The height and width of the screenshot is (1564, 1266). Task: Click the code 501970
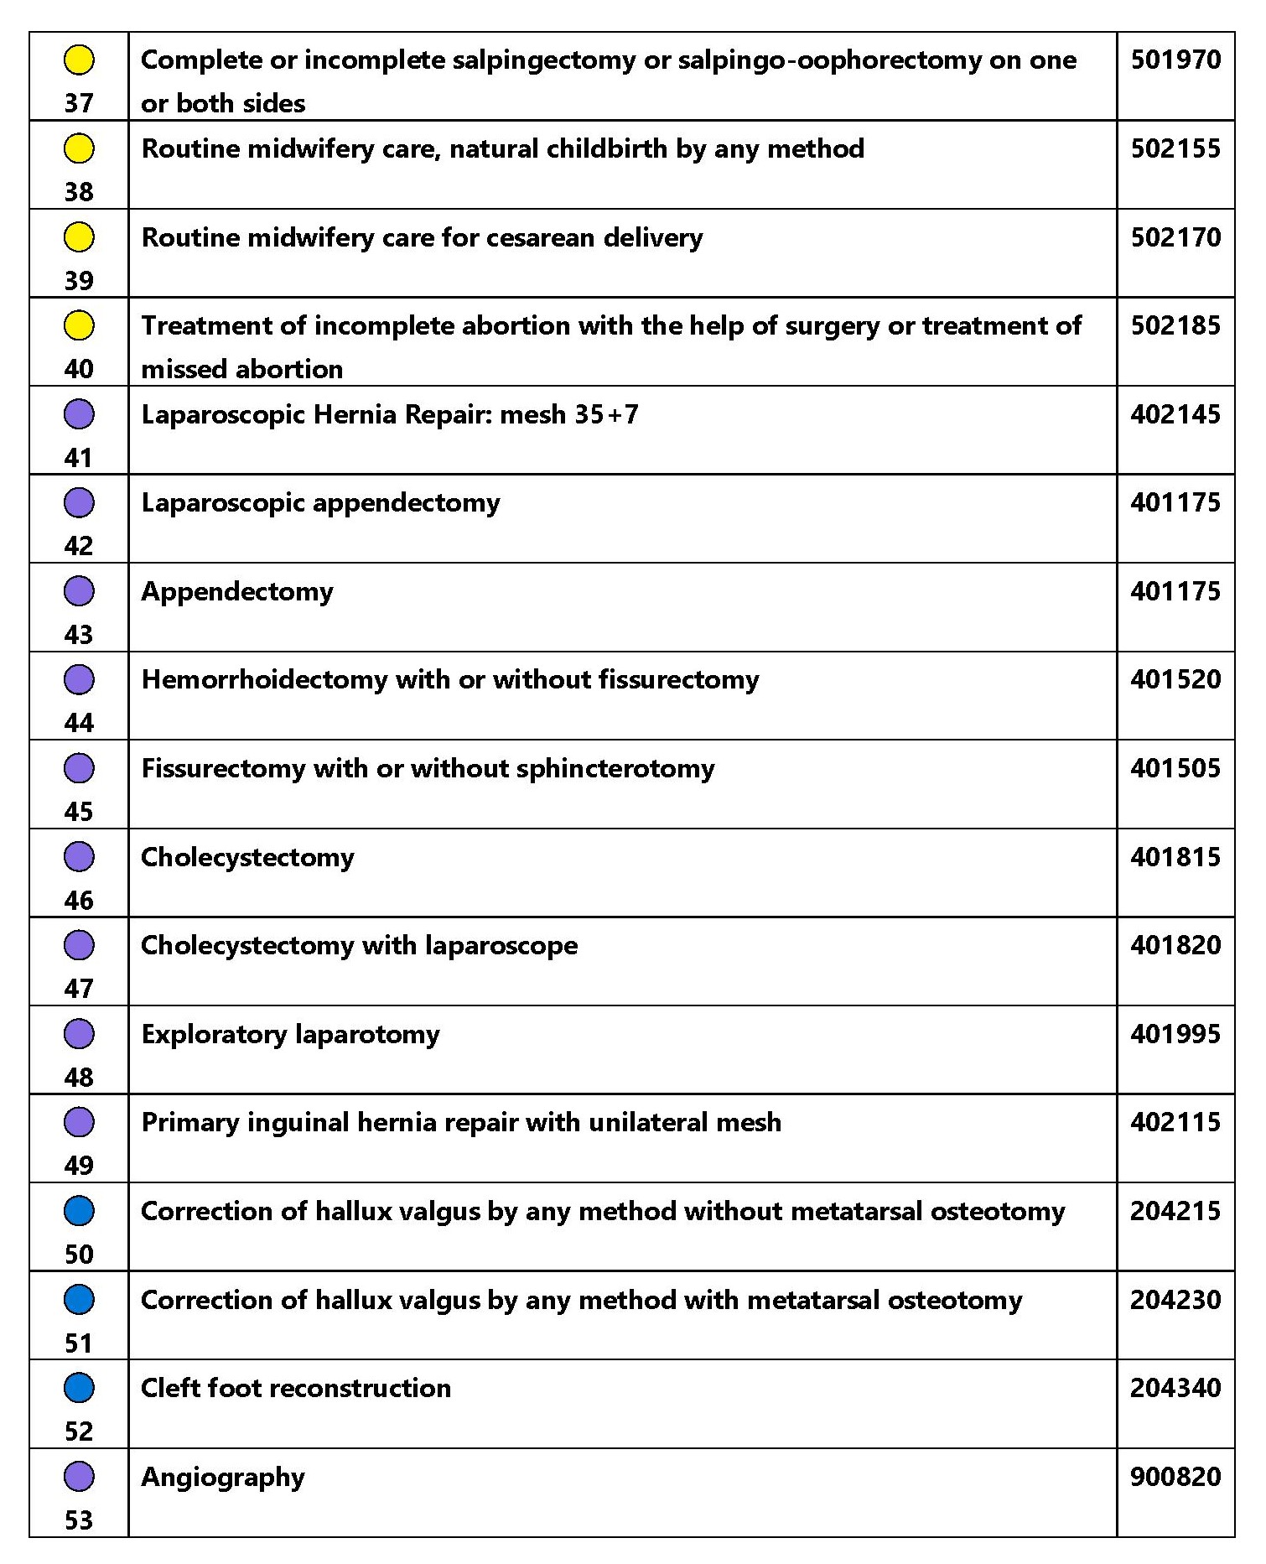pos(1175,60)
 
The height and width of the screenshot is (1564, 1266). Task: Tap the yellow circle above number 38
pos(79,148)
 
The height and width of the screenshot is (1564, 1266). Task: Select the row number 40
pos(79,369)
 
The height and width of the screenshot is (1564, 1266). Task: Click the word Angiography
pos(223,1478)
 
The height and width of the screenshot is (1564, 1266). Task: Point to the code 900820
pos(1175,1477)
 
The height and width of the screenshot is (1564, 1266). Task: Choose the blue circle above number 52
pos(79,1388)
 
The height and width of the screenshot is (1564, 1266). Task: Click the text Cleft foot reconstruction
pos(296,1388)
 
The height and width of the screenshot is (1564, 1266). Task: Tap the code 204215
pos(1175,1211)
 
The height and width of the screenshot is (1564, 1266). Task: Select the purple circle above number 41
pos(79,414)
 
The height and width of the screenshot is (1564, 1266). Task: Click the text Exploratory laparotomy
pos(290,1035)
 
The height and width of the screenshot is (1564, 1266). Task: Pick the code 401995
pos(1175,1034)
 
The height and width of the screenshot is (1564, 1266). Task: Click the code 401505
pos(1175,768)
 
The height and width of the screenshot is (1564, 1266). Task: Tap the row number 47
pos(79,989)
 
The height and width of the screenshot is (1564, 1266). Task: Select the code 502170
pos(1175,237)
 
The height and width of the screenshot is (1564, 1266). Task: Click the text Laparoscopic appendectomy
pos(320,503)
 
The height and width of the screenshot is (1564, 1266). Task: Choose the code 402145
pos(1175,414)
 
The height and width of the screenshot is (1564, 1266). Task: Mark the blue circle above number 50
pos(79,1211)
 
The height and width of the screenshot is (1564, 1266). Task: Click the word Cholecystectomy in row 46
pos(247,858)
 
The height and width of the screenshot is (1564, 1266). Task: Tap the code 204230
pos(1175,1300)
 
